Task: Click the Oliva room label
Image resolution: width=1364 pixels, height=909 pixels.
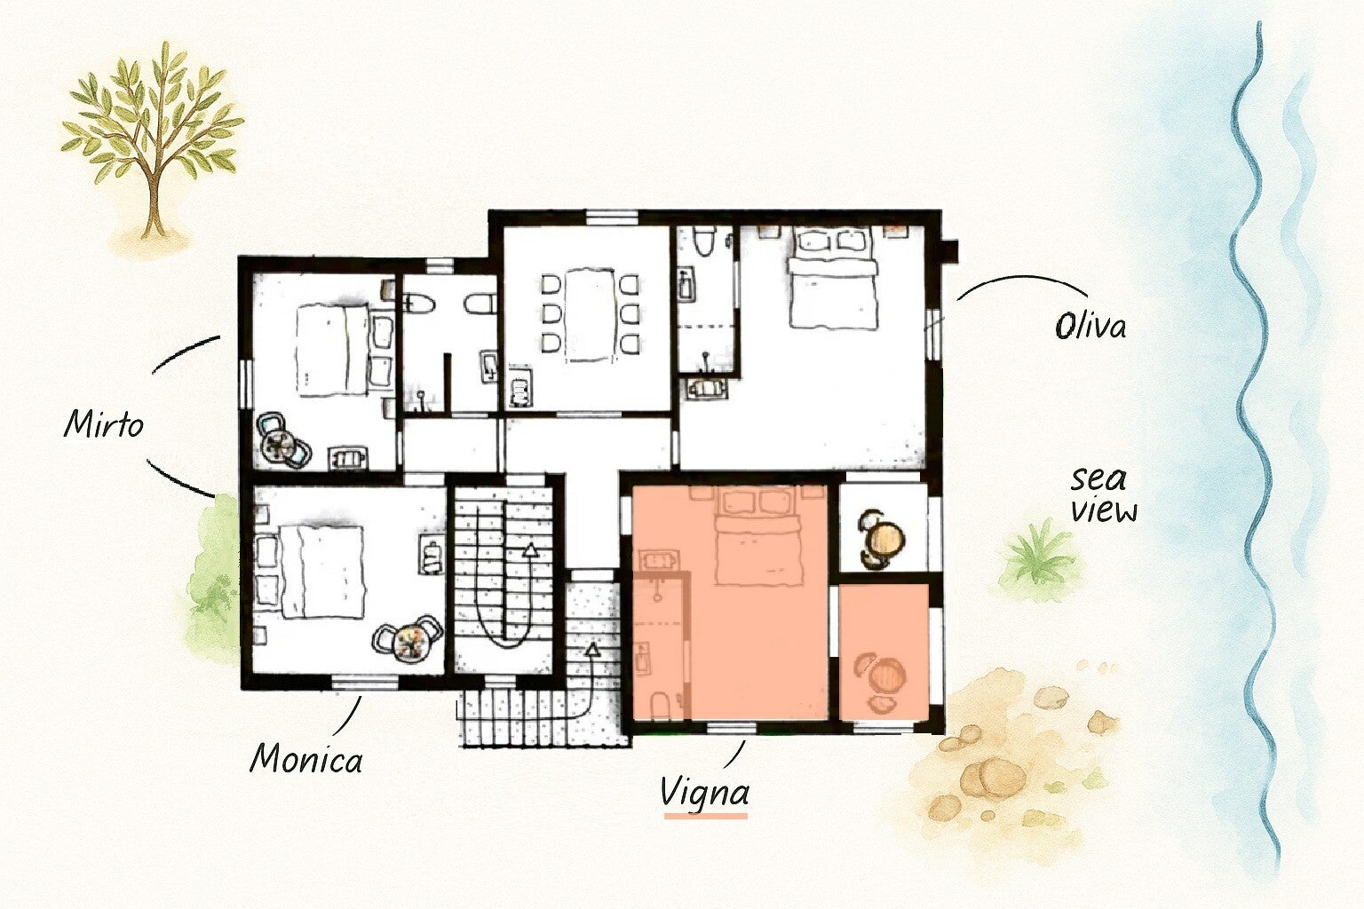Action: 1090,327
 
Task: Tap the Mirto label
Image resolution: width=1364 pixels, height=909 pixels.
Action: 104,423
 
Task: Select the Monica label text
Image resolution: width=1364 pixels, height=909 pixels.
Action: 305,759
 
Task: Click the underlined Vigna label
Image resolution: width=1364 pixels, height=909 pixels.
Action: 704,793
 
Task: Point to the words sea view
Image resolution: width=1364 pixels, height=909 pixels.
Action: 1104,495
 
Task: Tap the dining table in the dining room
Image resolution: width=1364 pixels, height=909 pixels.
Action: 590,314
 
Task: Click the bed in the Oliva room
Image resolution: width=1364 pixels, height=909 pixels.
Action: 833,278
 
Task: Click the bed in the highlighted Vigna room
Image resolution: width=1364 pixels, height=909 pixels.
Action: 757,537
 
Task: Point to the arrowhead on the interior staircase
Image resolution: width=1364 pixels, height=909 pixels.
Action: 531,549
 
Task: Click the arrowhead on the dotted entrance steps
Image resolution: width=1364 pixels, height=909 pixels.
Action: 591,649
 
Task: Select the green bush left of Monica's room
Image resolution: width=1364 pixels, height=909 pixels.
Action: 213,579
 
